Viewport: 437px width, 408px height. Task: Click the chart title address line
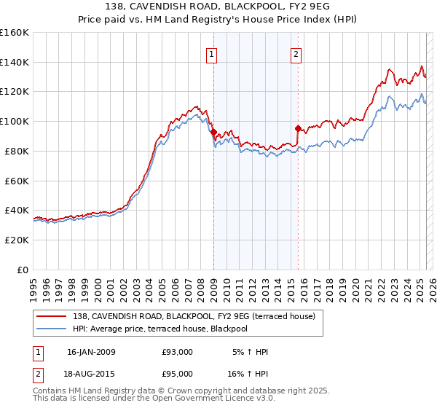[218, 7]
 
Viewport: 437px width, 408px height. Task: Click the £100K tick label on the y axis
[15, 121]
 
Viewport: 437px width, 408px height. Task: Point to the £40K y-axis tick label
[17, 210]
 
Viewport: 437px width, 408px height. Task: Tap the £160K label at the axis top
[15, 33]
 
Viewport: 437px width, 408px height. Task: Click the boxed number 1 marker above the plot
[211, 53]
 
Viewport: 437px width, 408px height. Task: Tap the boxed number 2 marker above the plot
[296, 53]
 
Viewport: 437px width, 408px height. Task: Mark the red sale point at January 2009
[213, 132]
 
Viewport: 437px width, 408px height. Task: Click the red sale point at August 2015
[298, 129]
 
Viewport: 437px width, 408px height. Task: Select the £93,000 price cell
[177, 352]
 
